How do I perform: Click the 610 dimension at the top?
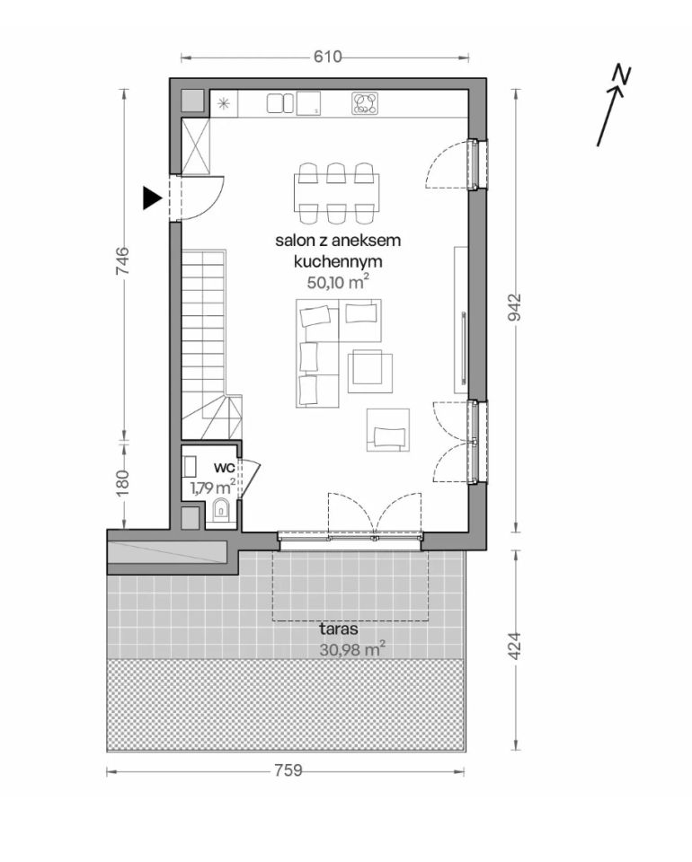tap(328, 57)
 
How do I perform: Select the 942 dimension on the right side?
tap(514, 308)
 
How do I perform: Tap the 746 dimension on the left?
tap(122, 261)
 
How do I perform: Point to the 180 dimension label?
tap(122, 483)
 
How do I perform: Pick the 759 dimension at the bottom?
tap(288, 770)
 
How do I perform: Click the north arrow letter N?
tap(622, 75)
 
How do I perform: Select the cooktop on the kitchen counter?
tap(365, 103)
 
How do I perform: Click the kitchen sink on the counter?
tap(280, 103)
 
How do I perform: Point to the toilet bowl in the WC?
tap(221, 510)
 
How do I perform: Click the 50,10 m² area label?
tap(337, 283)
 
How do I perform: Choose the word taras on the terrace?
tap(338, 629)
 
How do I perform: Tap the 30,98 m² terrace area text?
tap(352, 649)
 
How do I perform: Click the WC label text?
tap(225, 468)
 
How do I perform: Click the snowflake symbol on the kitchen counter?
tap(224, 103)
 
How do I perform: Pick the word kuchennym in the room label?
tap(338, 262)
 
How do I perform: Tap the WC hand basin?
tap(190, 466)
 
